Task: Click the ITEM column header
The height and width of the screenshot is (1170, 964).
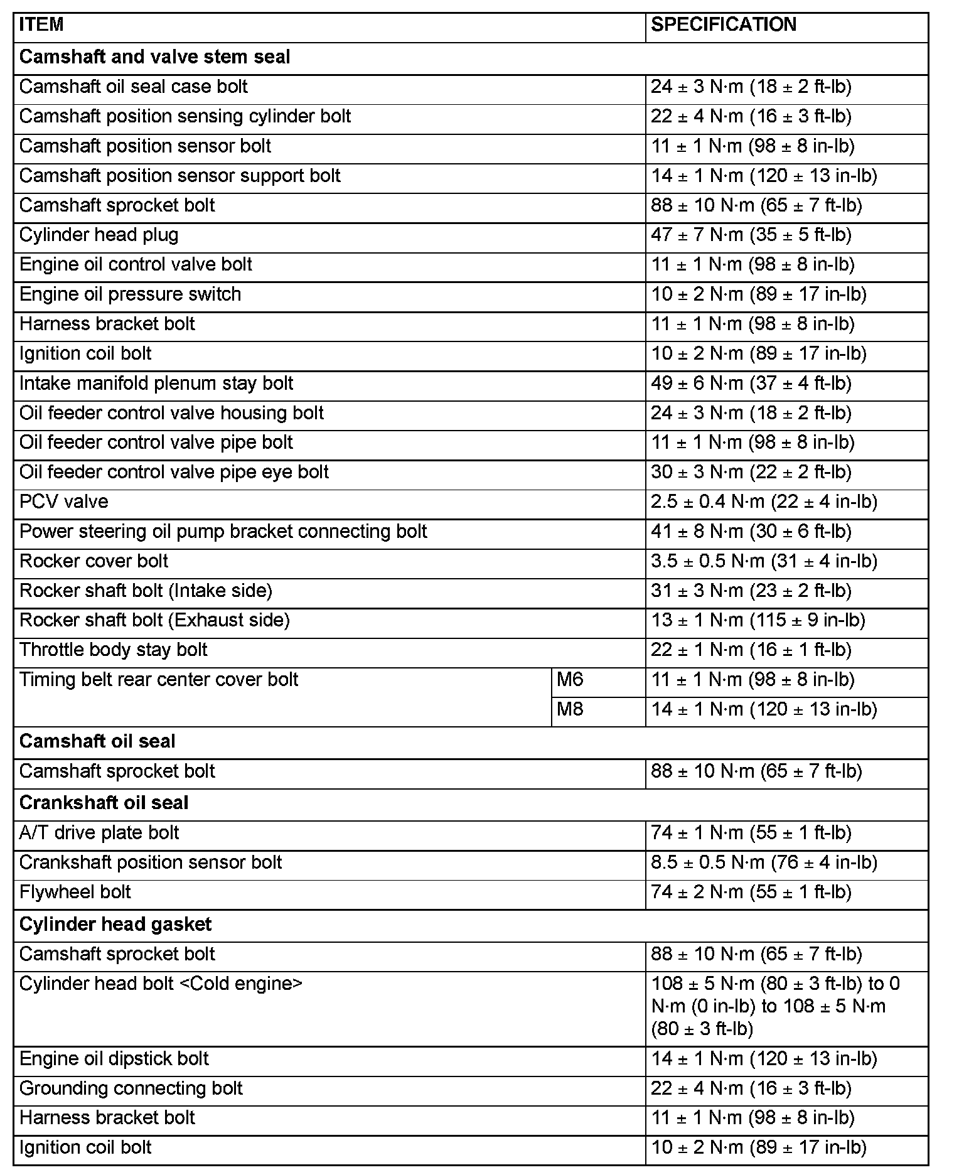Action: pos(41,25)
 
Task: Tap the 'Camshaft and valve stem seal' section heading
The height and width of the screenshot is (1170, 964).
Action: pos(154,57)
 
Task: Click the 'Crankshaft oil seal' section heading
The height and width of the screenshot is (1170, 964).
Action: pos(104,803)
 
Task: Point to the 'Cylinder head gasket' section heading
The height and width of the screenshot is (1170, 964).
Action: pos(115,924)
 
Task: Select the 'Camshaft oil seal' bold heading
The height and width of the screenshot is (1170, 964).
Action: pos(97,741)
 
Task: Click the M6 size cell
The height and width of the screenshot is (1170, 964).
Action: pos(570,679)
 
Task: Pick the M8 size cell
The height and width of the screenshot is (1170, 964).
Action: pos(570,709)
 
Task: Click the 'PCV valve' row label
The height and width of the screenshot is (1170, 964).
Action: pos(63,502)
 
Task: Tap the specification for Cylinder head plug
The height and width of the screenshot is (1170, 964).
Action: pos(751,235)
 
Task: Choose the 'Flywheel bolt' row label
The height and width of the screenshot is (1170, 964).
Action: pos(75,892)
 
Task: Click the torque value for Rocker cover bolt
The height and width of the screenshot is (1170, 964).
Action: pos(764,561)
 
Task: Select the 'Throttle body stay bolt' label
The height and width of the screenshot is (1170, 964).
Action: pos(113,650)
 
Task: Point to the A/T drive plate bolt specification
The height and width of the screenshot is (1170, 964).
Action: pos(751,833)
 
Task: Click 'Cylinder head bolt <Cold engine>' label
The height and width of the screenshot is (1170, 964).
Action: pos(161,984)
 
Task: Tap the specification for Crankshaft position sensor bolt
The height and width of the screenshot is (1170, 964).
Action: pos(764,862)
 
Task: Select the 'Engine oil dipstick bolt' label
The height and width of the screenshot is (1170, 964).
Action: pos(114,1059)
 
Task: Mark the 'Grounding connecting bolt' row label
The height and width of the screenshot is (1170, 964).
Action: pos(131,1088)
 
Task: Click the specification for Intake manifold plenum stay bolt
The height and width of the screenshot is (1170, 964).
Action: pos(751,384)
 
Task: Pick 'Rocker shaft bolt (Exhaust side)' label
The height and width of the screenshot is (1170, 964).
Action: pos(154,620)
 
